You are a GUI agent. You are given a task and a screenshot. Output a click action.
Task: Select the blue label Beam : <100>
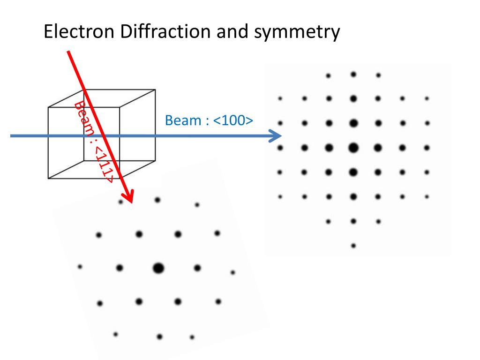209,120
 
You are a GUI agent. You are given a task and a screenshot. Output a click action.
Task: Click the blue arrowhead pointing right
276,136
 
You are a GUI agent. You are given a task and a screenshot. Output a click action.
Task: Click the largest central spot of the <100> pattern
353,148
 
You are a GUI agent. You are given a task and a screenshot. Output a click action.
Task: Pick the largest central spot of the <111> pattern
158,268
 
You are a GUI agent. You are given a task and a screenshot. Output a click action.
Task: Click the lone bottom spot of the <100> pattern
353,245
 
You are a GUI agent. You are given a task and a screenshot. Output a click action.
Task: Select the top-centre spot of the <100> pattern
353,74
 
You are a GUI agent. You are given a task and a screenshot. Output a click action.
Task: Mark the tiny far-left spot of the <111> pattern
80,267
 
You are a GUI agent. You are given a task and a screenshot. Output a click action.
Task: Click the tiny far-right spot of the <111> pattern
233,272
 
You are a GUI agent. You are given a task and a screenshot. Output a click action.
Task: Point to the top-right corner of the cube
155,89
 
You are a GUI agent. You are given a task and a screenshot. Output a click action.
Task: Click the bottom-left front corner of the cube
48,179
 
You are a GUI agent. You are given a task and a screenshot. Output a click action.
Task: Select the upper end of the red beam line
68,52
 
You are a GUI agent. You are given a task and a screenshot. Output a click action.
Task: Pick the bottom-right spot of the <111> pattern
192,337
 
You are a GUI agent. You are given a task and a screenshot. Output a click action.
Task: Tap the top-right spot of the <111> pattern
197,205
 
